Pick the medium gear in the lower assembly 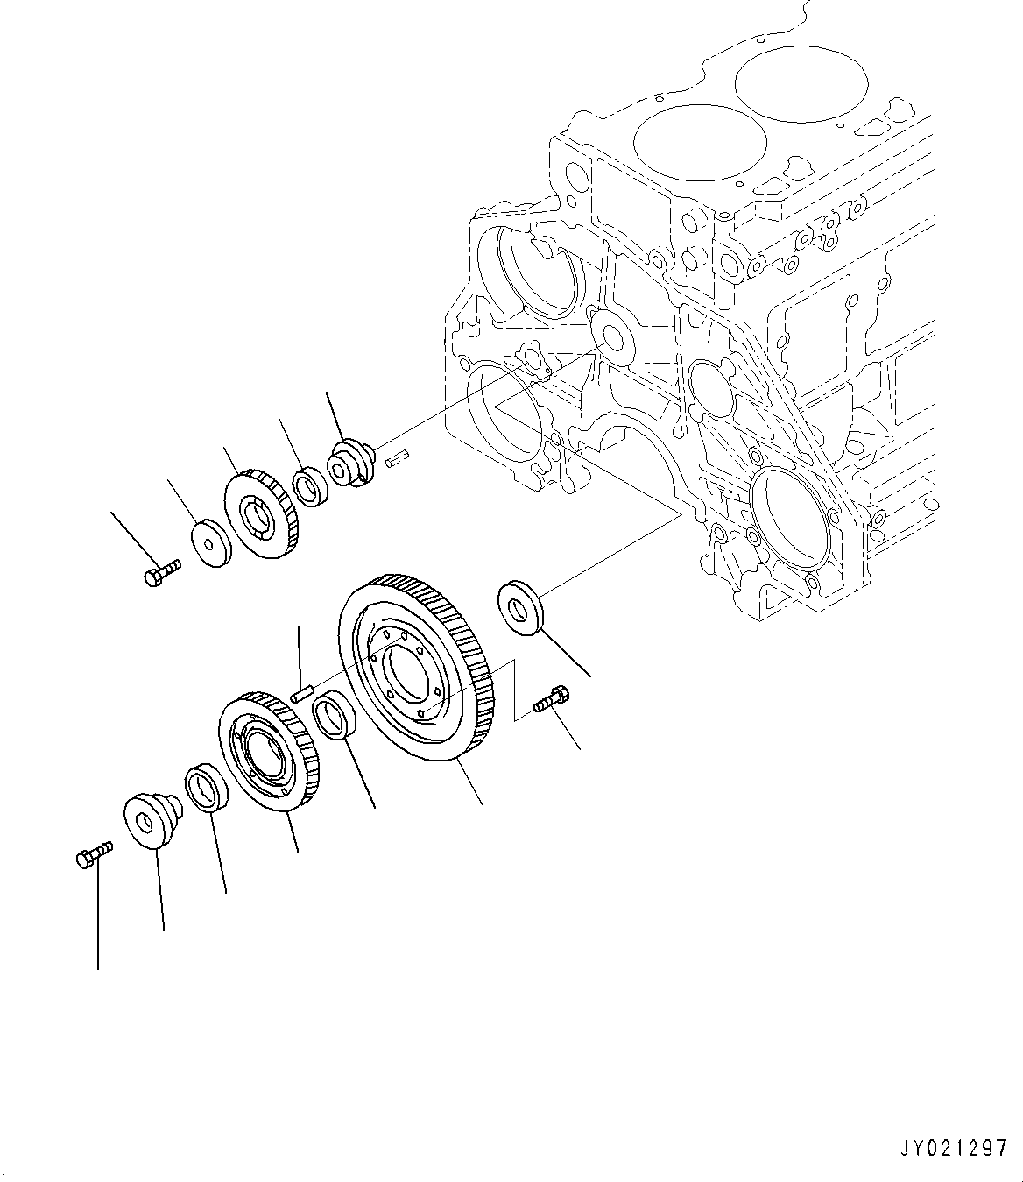(x=269, y=752)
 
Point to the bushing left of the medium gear (x=207, y=788)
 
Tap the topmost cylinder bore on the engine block (x=801, y=83)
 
